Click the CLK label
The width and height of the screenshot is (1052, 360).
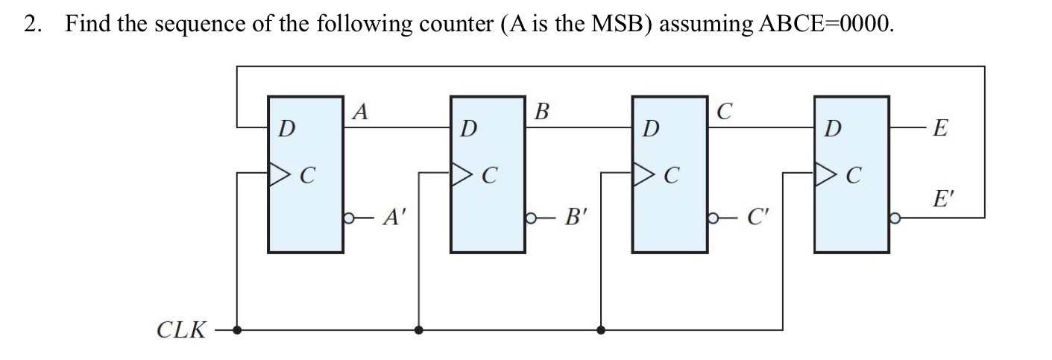point(181,329)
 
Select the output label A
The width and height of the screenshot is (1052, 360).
point(361,112)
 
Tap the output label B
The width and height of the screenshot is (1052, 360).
point(542,112)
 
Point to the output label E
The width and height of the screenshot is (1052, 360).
point(941,128)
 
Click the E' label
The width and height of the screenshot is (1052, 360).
point(943,199)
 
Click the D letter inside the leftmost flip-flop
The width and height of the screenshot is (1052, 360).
point(285,128)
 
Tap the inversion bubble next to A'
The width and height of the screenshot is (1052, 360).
point(347,218)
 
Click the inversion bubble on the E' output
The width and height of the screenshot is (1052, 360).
point(893,218)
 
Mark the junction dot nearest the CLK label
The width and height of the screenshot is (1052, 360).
point(237,329)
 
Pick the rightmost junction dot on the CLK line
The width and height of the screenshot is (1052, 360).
point(601,329)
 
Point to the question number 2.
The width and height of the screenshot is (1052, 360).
point(31,24)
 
